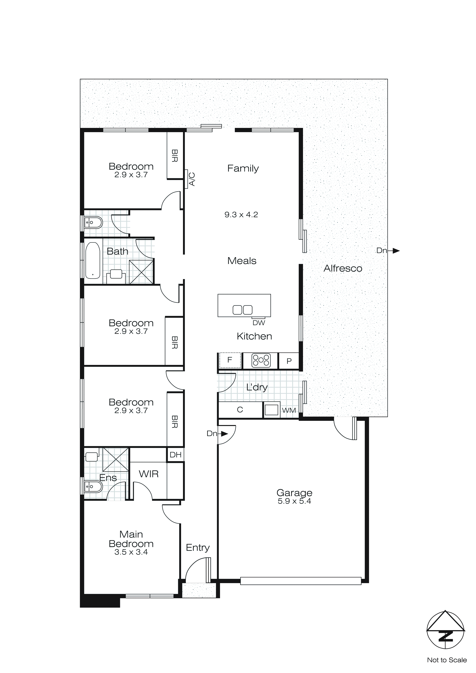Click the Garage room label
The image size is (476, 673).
click(x=294, y=492)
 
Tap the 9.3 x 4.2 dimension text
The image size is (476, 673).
click(x=241, y=215)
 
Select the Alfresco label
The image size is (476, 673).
click(x=343, y=268)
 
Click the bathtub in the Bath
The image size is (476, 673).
click(x=93, y=260)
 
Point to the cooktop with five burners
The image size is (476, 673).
click(x=261, y=360)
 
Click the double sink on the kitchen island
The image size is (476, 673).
click(x=242, y=310)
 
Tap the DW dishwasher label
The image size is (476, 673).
click(x=258, y=323)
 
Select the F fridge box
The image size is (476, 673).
click(x=230, y=360)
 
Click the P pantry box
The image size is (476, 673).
click(x=289, y=361)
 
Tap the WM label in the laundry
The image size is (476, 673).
click(x=289, y=410)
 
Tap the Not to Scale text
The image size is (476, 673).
click(x=446, y=660)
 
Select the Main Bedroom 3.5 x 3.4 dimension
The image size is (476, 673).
click(x=131, y=552)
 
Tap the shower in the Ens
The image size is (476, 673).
click(x=115, y=459)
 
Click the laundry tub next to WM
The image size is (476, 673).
click(x=271, y=409)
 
